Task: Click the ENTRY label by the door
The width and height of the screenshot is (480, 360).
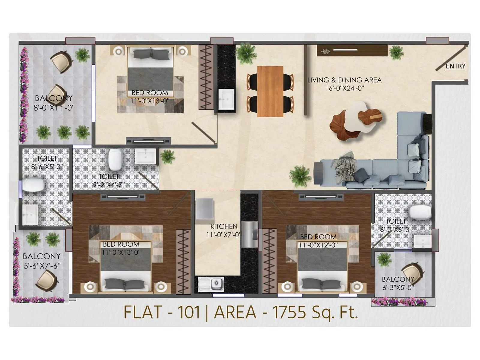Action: pos(455,66)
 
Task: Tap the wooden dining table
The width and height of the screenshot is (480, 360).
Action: pos(270,91)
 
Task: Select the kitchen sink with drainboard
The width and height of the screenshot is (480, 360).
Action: pos(211,284)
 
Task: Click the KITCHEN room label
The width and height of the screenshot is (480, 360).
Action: pos(224,226)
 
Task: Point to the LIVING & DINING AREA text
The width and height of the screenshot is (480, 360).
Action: pos(344,80)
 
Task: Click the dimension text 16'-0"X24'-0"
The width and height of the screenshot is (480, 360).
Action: pos(344,88)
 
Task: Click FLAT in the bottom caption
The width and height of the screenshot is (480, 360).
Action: pos(142,312)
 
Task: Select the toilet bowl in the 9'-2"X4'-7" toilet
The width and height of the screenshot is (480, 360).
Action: pos(115,159)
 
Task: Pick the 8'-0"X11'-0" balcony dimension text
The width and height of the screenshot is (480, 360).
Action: pos(54,108)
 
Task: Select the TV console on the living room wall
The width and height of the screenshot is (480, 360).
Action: pos(352,50)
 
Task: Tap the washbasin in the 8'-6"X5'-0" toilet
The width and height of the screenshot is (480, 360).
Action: pos(30,214)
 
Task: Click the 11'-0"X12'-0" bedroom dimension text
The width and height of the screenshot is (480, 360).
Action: pos(318,245)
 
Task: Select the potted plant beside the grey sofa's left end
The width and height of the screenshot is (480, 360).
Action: pos(300,176)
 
